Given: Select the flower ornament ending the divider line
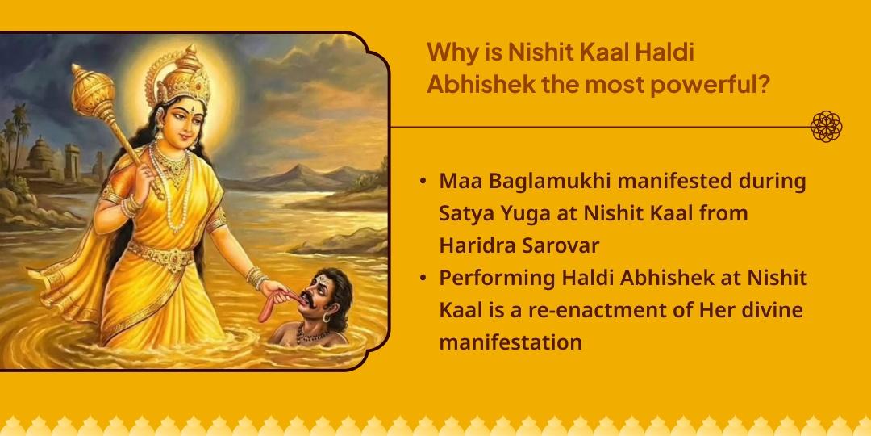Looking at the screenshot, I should pyautogui.click(x=826, y=127).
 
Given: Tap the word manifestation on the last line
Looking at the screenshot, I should pyautogui.click(x=511, y=342).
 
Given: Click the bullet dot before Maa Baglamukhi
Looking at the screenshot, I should pyautogui.click(x=423, y=181).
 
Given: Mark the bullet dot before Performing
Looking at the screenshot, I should pyautogui.click(x=423, y=278).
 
